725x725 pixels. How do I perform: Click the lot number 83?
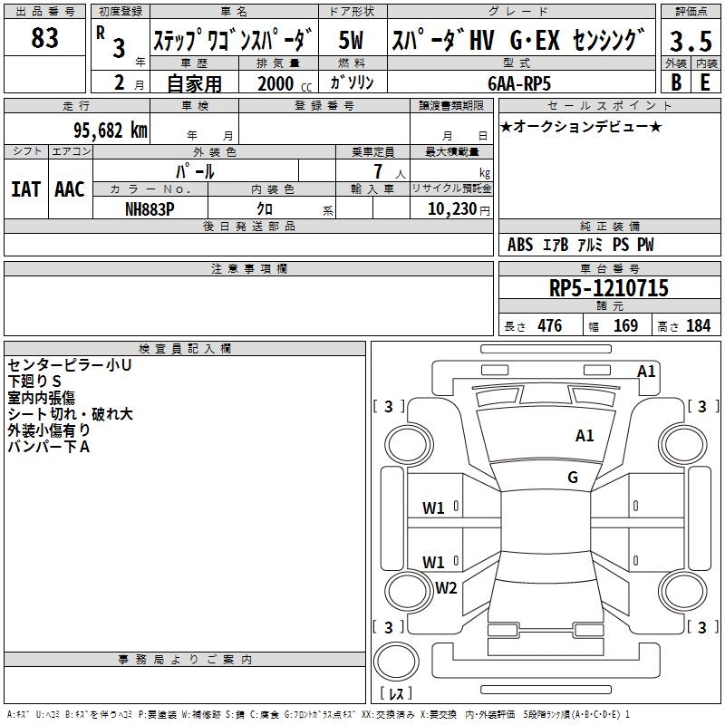click(x=44, y=39)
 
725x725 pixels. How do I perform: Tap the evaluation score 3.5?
click(x=689, y=42)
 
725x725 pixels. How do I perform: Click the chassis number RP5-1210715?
click(x=608, y=289)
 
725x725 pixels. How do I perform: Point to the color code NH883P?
click(x=150, y=207)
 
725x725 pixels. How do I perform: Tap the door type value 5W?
click(x=352, y=42)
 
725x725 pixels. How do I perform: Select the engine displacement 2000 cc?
click(x=277, y=83)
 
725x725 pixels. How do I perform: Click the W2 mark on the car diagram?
click(x=446, y=587)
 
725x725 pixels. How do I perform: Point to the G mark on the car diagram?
click(x=573, y=477)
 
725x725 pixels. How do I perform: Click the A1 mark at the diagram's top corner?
click(x=646, y=371)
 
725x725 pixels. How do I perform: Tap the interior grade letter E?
click(x=705, y=82)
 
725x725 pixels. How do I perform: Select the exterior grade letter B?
click(x=676, y=82)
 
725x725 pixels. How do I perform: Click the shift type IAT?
click(x=25, y=189)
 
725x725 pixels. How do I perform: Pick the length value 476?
click(x=549, y=326)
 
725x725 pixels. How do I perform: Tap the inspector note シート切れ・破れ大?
click(x=70, y=413)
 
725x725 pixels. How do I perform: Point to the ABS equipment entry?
click(x=520, y=245)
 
